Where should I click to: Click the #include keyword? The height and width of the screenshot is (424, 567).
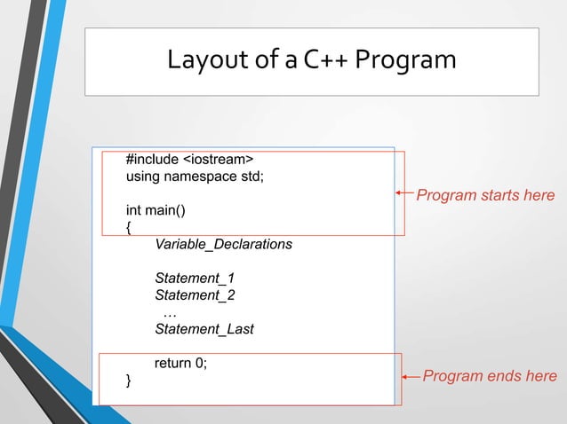click(x=152, y=160)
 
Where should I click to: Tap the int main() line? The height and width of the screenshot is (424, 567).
click(x=156, y=211)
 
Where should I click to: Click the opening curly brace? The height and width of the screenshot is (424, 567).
click(x=129, y=227)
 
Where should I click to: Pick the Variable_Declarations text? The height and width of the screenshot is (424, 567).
click(x=223, y=244)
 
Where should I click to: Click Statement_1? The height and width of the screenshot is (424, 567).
click(x=195, y=278)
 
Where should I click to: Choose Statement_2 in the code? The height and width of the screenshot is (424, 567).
click(x=195, y=294)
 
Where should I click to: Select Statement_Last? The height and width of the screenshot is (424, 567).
click(x=204, y=329)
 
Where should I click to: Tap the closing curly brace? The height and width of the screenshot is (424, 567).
click(x=129, y=381)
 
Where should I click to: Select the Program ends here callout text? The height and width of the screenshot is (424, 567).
click(x=490, y=376)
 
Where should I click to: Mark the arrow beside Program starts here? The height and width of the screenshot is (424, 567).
click(x=405, y=193)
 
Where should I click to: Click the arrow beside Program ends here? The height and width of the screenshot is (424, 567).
click(x=410, y=377)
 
